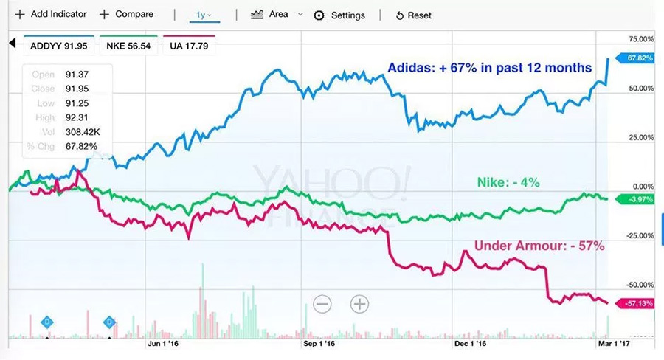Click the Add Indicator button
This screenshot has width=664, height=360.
click(x=50, y=14)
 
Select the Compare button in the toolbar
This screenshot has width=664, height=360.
click(x=126, y=14)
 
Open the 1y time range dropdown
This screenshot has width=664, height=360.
click(x=204, y=15)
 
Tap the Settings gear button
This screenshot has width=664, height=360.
click(x=339, y=15)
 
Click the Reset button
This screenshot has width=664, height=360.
click(x=413, y=15)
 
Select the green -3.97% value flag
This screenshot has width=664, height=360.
click(x=637, y=199)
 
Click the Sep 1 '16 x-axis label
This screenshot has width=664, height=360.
click(x=319, y=343)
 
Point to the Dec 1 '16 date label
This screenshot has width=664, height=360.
click(x=471, y=343)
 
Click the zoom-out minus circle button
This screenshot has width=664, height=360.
click(x=322, y=303)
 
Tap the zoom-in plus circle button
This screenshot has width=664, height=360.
click(x=359, y=303)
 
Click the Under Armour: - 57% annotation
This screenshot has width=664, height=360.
click(x=539, y=246)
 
